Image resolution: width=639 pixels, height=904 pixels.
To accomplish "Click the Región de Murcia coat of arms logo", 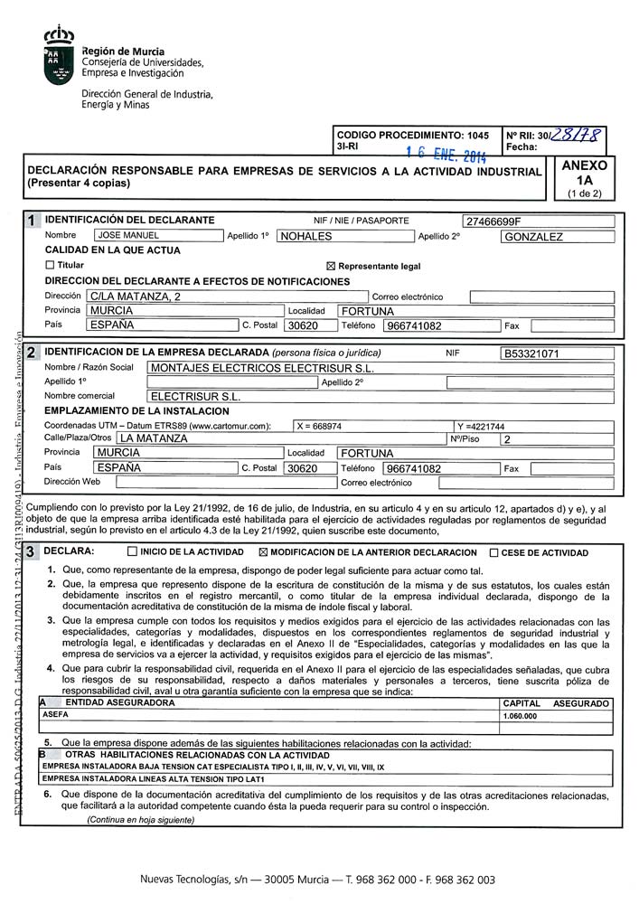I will [x=60, y=56].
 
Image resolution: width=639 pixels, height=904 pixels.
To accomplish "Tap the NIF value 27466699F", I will [x=493, y=221].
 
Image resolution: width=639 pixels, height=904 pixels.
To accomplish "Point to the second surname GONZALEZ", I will [x=533, y=237].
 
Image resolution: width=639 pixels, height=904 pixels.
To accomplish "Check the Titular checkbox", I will [x=50, y=266].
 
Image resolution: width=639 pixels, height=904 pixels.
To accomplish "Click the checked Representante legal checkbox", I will [x=330, y=267].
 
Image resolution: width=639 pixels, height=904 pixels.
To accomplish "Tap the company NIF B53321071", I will [x=531, y=353].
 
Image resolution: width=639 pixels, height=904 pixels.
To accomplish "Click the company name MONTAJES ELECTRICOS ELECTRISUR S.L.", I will [x=261, y=369].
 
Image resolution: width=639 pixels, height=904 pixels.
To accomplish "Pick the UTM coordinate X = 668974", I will [x=320, y=426].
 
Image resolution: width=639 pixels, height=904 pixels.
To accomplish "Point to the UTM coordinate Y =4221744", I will [x=481, y=427].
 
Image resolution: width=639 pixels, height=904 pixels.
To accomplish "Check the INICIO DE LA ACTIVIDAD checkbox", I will [x=133, y=552].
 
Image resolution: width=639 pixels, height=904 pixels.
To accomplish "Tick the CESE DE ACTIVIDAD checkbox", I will [x=493, y=552].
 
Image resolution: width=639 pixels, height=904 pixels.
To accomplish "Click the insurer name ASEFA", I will [x=55, y=715].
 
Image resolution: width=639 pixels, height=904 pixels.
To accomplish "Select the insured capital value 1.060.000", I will [x=520, y=716].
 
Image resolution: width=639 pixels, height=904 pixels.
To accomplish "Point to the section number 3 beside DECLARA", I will [x=32, y=551].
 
